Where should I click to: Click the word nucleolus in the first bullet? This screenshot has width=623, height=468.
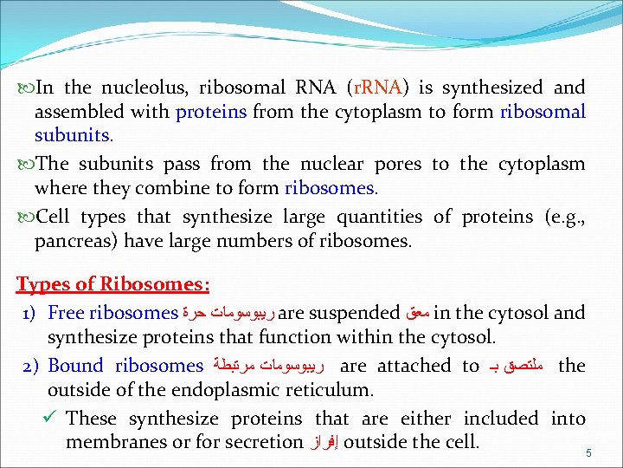(x=145, y=88)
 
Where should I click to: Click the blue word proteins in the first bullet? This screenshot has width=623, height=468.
(x=211, y=112)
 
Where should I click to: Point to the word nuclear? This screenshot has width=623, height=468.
(x=331, y=164)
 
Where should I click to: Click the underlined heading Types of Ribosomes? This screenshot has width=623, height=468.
(x=112, y=284)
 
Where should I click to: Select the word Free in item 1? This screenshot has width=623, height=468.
(x=66, y=313)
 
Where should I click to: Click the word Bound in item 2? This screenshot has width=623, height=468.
(x=75, y=366)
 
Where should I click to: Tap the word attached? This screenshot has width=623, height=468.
(x=414, y=366)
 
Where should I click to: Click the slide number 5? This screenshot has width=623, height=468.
(x=588, y=452)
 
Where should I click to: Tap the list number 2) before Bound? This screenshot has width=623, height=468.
(x=29, y=367)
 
